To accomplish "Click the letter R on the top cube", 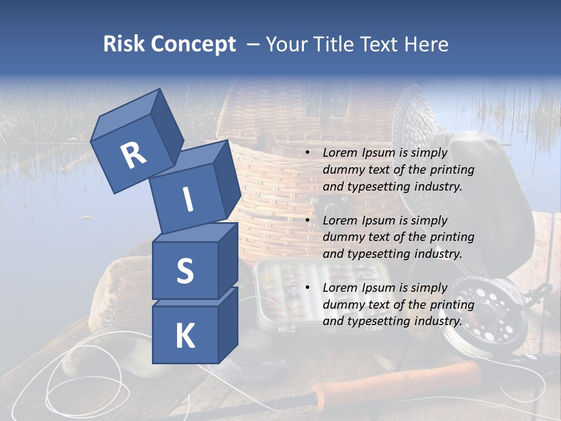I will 133,156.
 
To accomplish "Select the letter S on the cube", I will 185,271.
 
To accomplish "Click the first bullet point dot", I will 307,153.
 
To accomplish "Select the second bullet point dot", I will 307,221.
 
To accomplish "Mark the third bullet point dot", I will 307,288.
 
